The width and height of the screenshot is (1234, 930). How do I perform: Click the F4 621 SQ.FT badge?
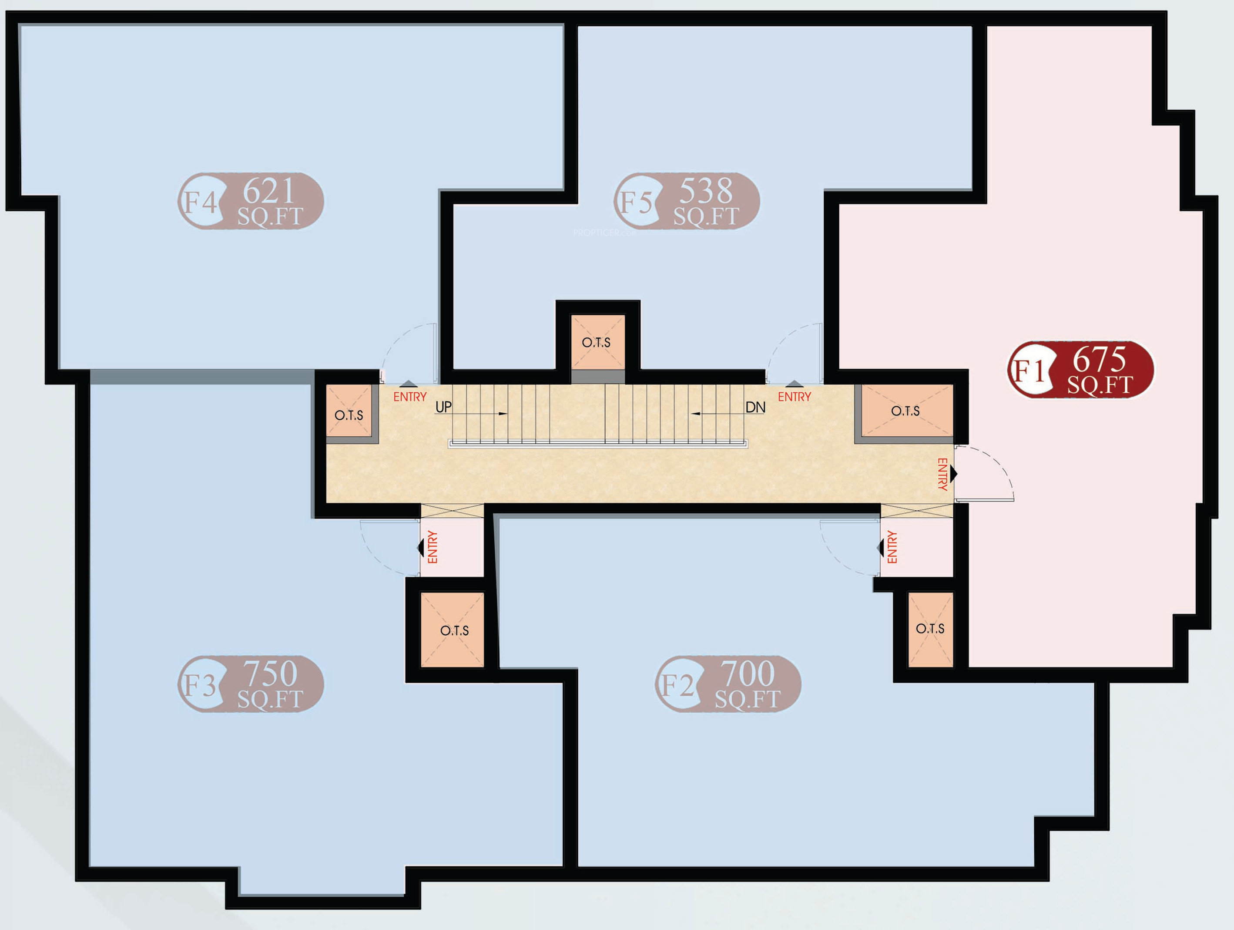(x=251, y=201)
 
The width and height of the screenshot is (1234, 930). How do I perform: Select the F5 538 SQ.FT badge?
(x=687, y=201)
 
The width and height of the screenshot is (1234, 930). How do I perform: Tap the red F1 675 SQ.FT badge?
(x=1080, y=370)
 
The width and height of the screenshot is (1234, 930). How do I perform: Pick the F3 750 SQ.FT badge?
(x=251, y=684)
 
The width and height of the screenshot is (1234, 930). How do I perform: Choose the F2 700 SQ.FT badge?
(x=728, y=684)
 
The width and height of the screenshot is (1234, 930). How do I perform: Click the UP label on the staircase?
(x=443, y=407)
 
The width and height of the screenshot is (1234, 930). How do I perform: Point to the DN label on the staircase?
(x=755, y=408)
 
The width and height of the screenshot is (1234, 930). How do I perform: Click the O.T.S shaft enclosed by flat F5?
(x=597, y=342)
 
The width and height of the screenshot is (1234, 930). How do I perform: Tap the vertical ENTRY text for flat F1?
(x=942, y=475)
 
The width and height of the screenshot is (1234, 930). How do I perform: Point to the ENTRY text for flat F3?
(x=433, y=547)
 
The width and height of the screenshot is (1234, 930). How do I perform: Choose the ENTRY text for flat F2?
(x=892, y=547)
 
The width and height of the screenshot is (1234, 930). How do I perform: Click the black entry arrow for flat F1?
(x=954, y=474)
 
